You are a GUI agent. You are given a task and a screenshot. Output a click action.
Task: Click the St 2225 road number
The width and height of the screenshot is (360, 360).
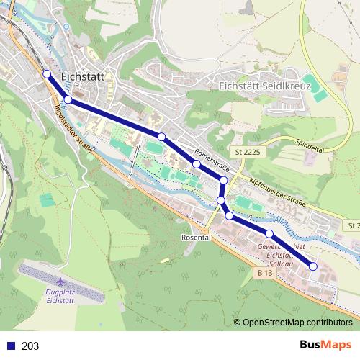(246, 153)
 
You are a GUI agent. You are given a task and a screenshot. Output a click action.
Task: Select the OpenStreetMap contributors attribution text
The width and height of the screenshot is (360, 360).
(297, 323)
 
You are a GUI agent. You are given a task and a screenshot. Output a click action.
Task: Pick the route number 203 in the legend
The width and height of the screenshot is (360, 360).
(30, 346)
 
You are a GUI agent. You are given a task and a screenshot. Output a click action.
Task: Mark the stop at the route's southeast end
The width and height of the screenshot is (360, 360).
(313, 266)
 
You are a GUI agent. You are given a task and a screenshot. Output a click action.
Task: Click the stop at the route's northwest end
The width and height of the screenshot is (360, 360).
(47, 73)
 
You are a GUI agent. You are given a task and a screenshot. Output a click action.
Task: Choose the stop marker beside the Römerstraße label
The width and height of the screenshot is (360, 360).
(196, 164)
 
